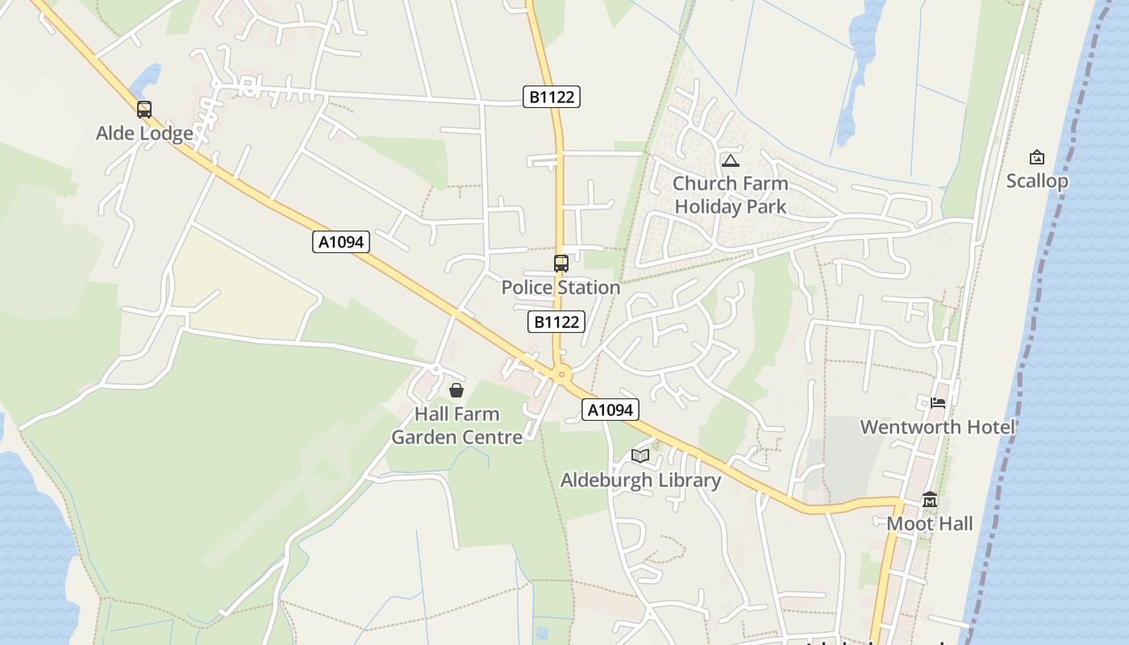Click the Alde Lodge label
144,133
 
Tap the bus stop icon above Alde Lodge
144,110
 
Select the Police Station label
560,287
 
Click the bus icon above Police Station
560,263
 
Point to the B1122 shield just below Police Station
556,322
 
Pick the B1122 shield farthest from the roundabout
552,97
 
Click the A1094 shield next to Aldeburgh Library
610,410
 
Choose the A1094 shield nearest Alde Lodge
341,241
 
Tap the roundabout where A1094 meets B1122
561,374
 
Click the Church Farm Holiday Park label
730,194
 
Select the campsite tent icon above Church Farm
730,161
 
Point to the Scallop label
1036,181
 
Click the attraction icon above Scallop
1036,157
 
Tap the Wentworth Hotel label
937,427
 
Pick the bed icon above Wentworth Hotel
937,402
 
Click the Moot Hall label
930,523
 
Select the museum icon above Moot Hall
930,500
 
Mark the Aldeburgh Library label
640,480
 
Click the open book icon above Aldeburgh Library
640,456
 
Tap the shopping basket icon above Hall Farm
456,390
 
